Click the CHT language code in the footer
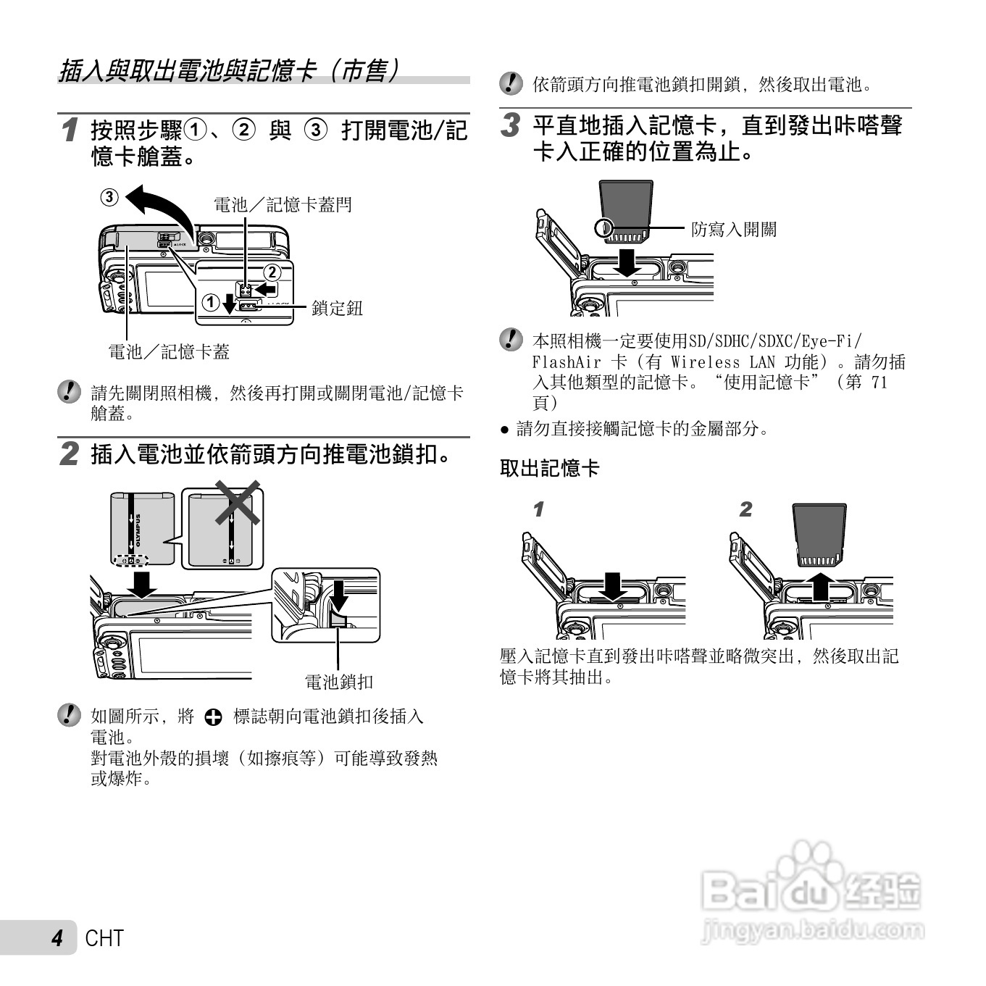(104, 938)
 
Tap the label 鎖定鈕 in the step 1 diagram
(337, 308)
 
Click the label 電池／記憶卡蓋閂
(283, 205)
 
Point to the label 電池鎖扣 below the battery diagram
(338, 682)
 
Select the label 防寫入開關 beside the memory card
(733, 230)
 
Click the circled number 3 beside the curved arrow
(109, 197)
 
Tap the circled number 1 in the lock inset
(210, 301)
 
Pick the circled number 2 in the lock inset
(271, 273)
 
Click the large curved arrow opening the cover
(161, 206)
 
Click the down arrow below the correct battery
(142, 584)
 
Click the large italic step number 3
(511, 125)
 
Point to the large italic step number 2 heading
(70, 455)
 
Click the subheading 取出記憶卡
(550, 469)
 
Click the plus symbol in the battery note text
(213, 717)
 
